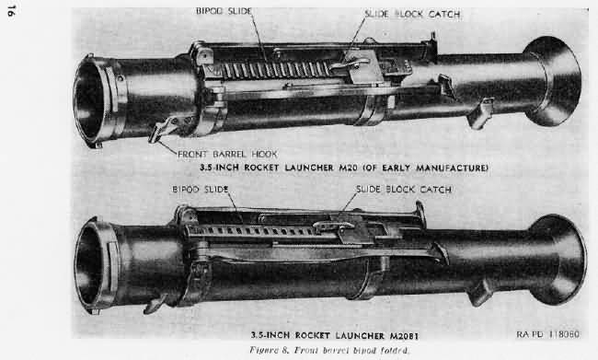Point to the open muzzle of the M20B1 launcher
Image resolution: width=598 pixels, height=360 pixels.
pyautogui.click(x=93, y=267)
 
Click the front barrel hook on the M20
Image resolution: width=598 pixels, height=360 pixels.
pyautogui.click(x=166, y=130)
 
